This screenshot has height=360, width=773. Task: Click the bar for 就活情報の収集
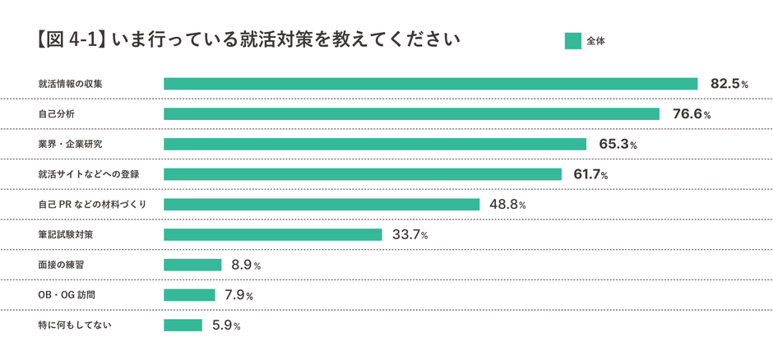point(430,84)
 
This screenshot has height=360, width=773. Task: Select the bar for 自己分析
point(411,114)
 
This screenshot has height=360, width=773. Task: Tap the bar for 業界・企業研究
point(375,144)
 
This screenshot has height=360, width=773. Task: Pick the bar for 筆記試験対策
point(273,234)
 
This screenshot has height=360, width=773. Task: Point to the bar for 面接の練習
point(192,265)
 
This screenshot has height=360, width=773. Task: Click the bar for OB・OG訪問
point(189,295)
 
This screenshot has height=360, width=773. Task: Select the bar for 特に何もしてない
point(183,325)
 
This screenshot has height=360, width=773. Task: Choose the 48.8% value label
point(507,205)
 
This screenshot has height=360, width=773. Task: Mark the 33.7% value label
point(410,235)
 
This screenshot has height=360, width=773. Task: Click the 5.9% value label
point(225,325)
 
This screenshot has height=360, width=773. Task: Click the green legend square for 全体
point(573,40)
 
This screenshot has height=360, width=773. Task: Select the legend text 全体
point(596,40)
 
